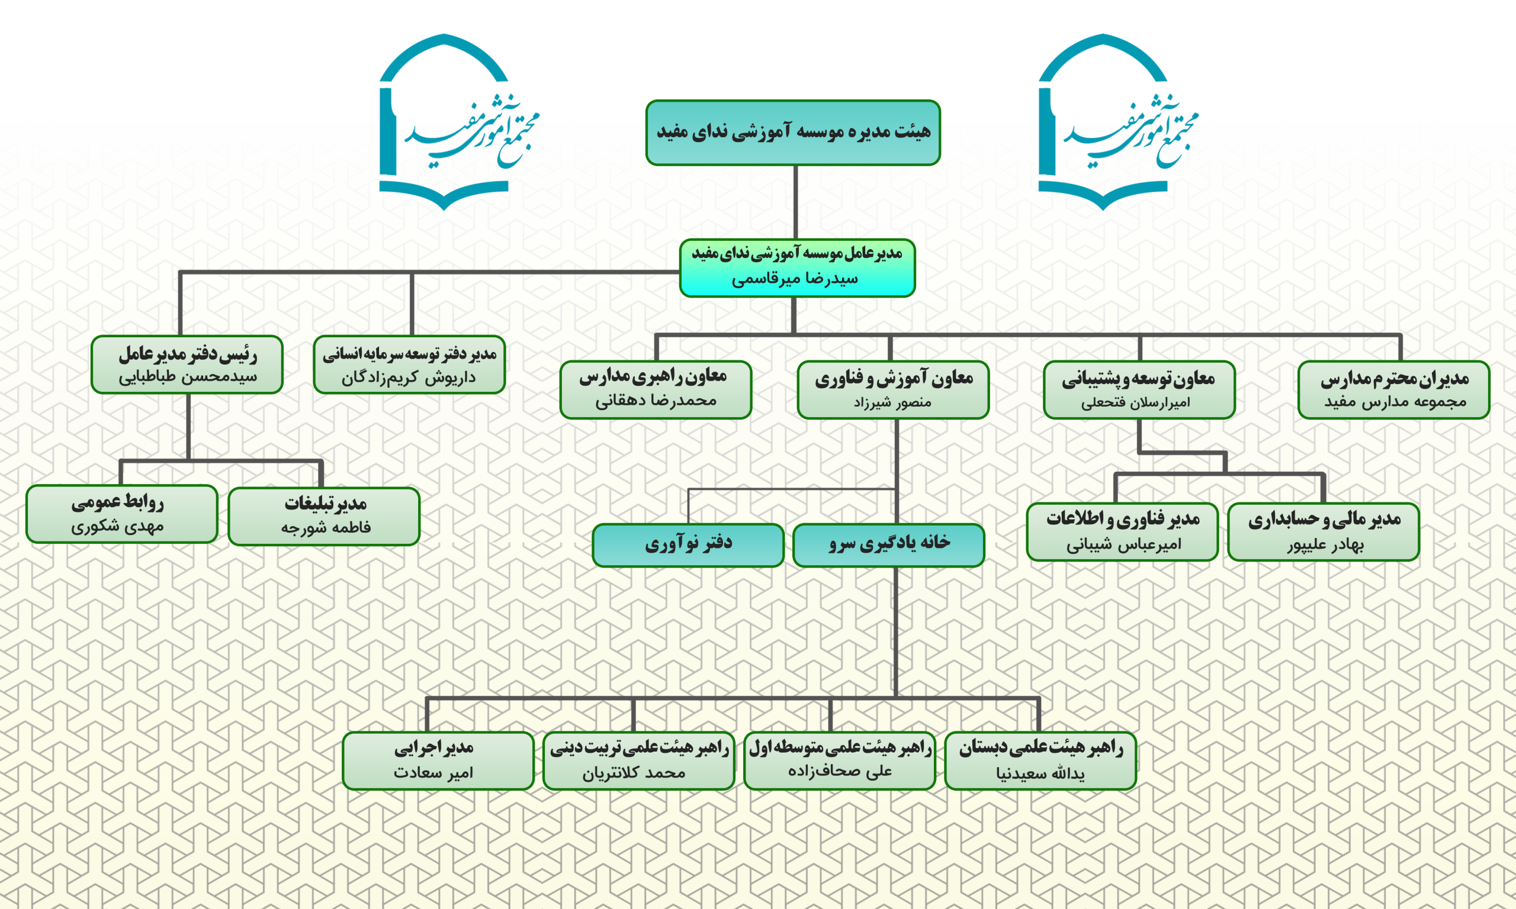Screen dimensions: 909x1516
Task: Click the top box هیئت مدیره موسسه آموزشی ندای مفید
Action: (793, 133)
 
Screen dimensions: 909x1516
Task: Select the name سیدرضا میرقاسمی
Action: (795, 279)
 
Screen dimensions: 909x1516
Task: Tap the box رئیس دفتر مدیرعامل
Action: (187, 364)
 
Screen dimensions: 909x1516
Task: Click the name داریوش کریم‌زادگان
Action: (408, 378)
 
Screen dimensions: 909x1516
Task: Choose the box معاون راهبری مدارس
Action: (655, 389)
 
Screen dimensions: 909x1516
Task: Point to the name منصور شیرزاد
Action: (892, 402)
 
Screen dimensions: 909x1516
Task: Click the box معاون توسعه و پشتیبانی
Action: (1139, 389)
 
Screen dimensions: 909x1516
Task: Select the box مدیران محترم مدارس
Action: (1393, 389)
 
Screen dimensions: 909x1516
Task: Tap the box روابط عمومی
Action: (121, 513)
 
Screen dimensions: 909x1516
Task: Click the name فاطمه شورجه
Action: (325, 527)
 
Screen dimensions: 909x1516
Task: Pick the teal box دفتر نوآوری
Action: (688, 544)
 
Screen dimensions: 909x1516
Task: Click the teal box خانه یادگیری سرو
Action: (888, 544)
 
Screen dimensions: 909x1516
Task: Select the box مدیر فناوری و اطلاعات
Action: (1122, 531)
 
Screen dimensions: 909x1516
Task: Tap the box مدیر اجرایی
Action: (438, 760)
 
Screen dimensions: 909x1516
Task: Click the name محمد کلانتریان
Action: (634, 773)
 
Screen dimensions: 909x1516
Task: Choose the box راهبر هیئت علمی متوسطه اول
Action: (840, 760)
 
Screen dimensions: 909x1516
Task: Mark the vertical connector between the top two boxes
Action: (795, 202)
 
